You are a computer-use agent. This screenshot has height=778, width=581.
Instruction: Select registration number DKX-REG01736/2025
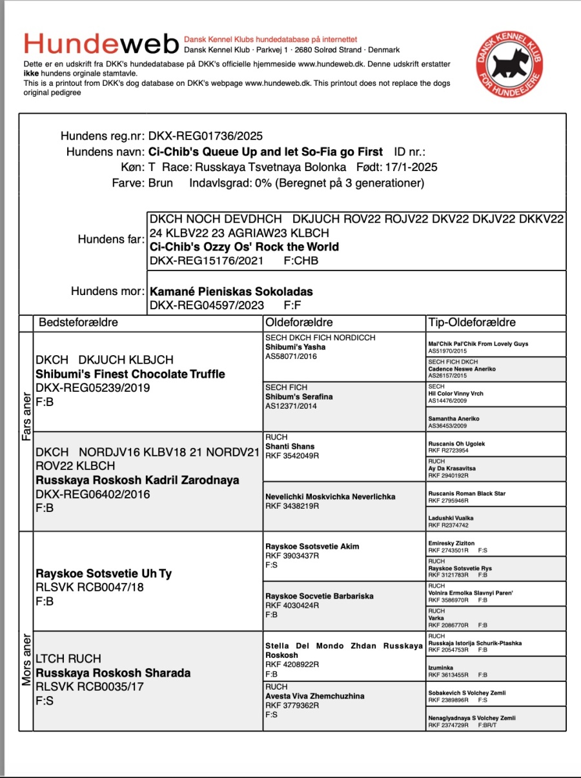pyautogui.click(x=205, y=136)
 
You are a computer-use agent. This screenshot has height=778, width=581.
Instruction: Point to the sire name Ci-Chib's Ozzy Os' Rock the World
pyautogui.click(x=244, y=247)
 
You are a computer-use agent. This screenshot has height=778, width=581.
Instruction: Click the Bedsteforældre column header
pyautogui.click(x=79, y=322)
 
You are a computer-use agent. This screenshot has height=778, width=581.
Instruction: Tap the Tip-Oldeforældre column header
pyautogui.click(x=472, y=322)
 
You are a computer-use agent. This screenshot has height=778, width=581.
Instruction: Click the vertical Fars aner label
pyautogui.click(x=26, y=417)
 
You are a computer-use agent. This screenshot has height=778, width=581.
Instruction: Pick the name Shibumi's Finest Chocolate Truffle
pyautogui.click(x=130, y=374)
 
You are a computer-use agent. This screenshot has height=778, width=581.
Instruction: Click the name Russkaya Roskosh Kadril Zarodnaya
pyautogui.click(x=138, y=480)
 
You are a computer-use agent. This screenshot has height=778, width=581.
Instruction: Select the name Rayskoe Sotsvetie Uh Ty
pyautogui.click(x=104, y=573)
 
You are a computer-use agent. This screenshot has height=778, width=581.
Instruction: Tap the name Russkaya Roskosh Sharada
pyautogui.click(x=113, y=673)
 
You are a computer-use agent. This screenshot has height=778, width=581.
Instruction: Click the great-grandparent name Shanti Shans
pyautogui.click(x=290, y=446)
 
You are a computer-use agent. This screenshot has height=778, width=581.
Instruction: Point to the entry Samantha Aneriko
pyautogui.click(x=453, y=418)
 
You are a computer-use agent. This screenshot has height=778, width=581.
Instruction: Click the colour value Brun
pyautogui.click(x=161, y=183)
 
